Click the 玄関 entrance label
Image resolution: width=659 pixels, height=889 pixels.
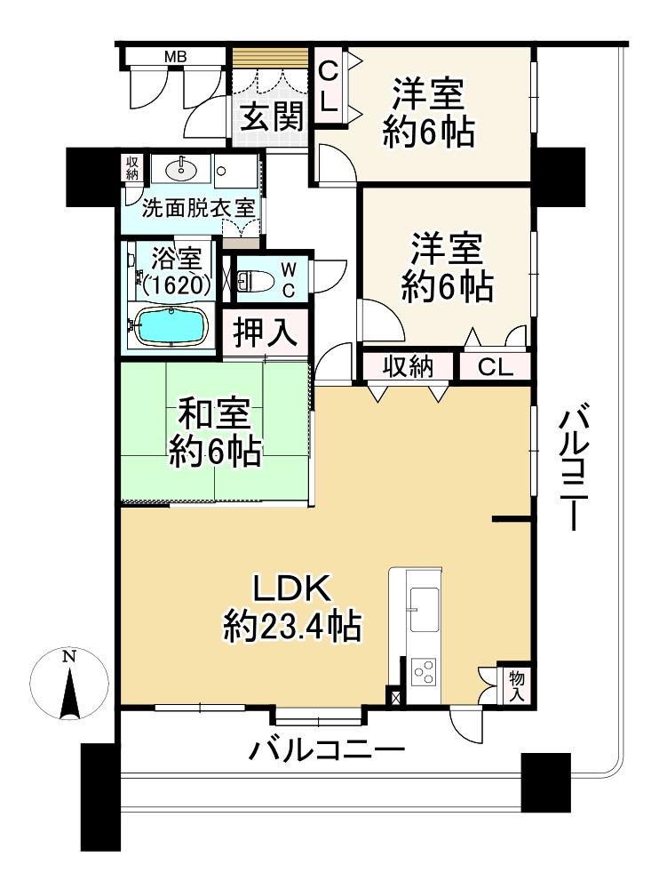tap(273, 116)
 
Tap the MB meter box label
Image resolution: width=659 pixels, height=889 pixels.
tap(176, 57)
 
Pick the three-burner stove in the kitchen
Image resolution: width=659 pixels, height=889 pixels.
tap(425, 672)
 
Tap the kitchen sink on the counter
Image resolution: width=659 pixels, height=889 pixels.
tap(425, 610)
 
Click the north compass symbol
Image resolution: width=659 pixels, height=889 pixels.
tap(69, 683)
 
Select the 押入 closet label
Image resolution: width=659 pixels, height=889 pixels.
tap(266, 332)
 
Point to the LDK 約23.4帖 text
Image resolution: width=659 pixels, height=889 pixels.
tap(292, 608)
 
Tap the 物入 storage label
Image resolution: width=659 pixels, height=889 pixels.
tap(517, 686)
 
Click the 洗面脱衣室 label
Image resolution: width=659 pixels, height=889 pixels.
tap(198, 208)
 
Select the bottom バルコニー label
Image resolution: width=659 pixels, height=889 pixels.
tap(327, 751)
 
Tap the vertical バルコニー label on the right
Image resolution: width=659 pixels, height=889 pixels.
tap(575, 466)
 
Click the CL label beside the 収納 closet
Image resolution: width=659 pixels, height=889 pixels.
tap(496, 367)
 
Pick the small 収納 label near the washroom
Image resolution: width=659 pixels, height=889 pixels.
tap(132, 167)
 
